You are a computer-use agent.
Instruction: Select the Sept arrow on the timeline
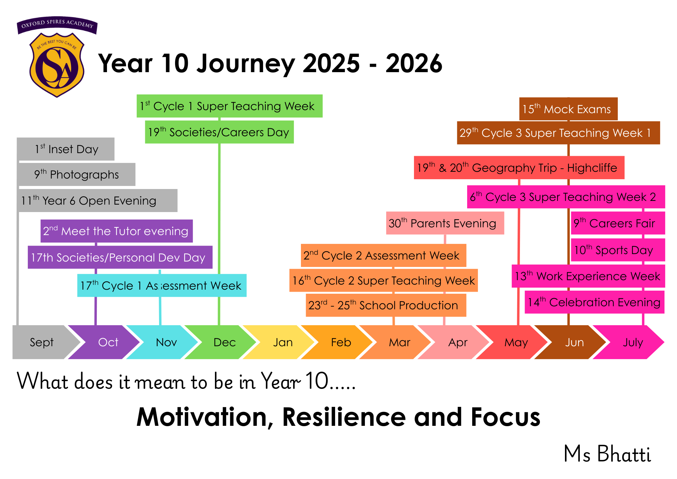pyautogui.click(x=42, y=342)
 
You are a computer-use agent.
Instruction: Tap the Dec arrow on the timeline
pyautogui.click(x=222, y=342)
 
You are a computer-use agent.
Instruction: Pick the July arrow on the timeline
pyautogui.click(x=630, y=342)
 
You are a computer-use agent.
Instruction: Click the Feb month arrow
pyautogui.click(x=338, y=342)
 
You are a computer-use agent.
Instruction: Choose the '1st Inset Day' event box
pyautogui.click(x=66, y=149)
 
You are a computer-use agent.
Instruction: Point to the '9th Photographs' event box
pyautogui.click(x=77, y=174)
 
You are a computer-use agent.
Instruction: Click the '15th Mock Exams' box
pyautogui.click(x=568, y=109)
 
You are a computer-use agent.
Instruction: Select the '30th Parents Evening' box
pyautogui.click(x=445, y=223)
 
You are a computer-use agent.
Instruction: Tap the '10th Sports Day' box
pyautogui.click(x=618, y=250)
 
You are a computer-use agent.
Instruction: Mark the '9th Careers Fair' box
pyautogui.click(x=618, y=223)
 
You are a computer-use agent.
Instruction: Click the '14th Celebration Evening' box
pyautogui.click(x=594, y=302)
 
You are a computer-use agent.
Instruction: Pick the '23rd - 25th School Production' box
pyautogui.click(x=386, y=305)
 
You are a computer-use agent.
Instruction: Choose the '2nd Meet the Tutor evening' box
pyautogui.click(x=117, y=231)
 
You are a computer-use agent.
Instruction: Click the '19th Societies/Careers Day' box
pyautogui.click(x=219, y=132)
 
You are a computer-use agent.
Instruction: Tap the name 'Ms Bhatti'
pyautogui.click(x=607, y=454)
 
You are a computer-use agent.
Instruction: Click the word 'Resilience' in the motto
pyautogui.click(x=344, y=417)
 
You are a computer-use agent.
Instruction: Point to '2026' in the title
pyautogui.click(x=414, y=63)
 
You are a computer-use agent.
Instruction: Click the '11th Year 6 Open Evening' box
pyautogui.click(x=97, y=201)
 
